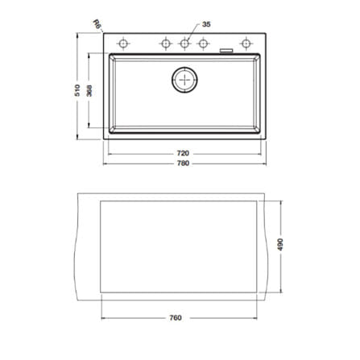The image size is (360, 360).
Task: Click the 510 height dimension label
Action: pyautogui.click(x=77, y=90)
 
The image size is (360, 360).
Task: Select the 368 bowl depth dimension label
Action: pyautogui.click(x=89, y=91)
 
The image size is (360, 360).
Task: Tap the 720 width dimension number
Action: pyautogui.click(x=183, y=153)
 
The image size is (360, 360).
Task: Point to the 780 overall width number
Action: pyautogui.click(x=183, y=163)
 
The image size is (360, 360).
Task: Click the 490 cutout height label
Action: pyautogui.click(x=280, y=244)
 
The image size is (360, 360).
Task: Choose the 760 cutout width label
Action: pyautogui.click(x=176, y=318)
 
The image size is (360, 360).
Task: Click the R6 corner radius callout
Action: pyautogui.click(x=97, y=24)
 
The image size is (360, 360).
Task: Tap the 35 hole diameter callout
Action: pyautogui.click(x=206, y=24)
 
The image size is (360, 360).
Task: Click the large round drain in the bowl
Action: pyautogui.click(x=184, y=80)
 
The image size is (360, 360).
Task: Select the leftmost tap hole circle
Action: pyautogui.click(x=123, y=43)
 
